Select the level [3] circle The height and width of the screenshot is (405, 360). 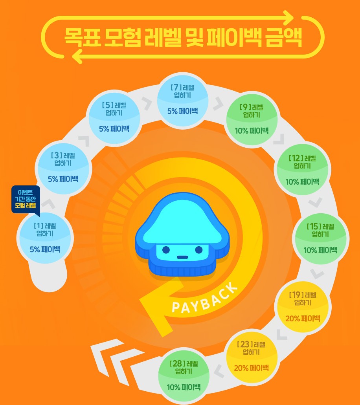pyautogui.click(x=63, y=167)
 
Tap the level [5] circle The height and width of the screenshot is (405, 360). pyautogui.click(x=114, y=117)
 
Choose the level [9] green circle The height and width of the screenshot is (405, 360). pyautogui.click(x=251, y=118)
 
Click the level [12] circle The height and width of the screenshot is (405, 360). pyautogui.click(x=302, y=170)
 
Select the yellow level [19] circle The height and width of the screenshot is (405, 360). pyautogui.click(x=303, y=306)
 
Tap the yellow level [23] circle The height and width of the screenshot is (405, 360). pyautogui.click(x=251, y=356)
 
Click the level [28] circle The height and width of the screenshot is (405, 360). pyautogui.click(x=184, y=375)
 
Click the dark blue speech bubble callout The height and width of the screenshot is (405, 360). pyautogui.click(x=26, y=199)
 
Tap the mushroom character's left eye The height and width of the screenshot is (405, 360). pyautogui.click(x=166, y=249)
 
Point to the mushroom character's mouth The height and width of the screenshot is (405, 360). pyautogui.click(x=182, y=257)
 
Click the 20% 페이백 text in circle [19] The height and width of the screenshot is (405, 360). pyautogui.click(x=303, y=318)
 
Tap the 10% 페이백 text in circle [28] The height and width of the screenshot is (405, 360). pyautogui.click(x=184, y=387)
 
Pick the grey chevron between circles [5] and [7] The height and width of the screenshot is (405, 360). pyautogui.click(x=147, y=103)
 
